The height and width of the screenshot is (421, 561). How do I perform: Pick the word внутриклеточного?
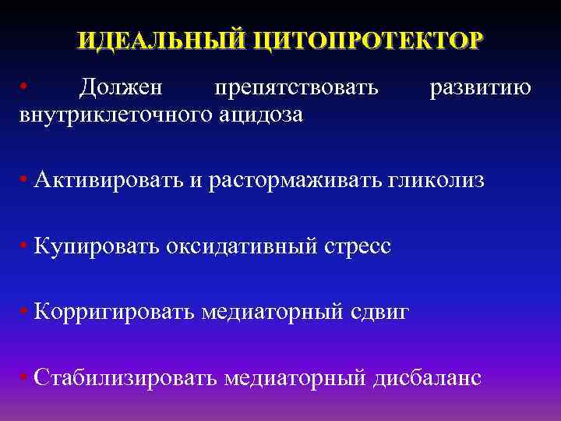(x=110, y=115)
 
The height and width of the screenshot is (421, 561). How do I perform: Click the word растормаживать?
(x=295, y=181)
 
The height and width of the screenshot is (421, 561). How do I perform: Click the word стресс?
(x=356, y=246)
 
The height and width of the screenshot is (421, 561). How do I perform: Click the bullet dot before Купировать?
(x=26, y=246)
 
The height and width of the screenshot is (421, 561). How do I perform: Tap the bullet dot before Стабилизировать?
(x=26, y=377)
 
